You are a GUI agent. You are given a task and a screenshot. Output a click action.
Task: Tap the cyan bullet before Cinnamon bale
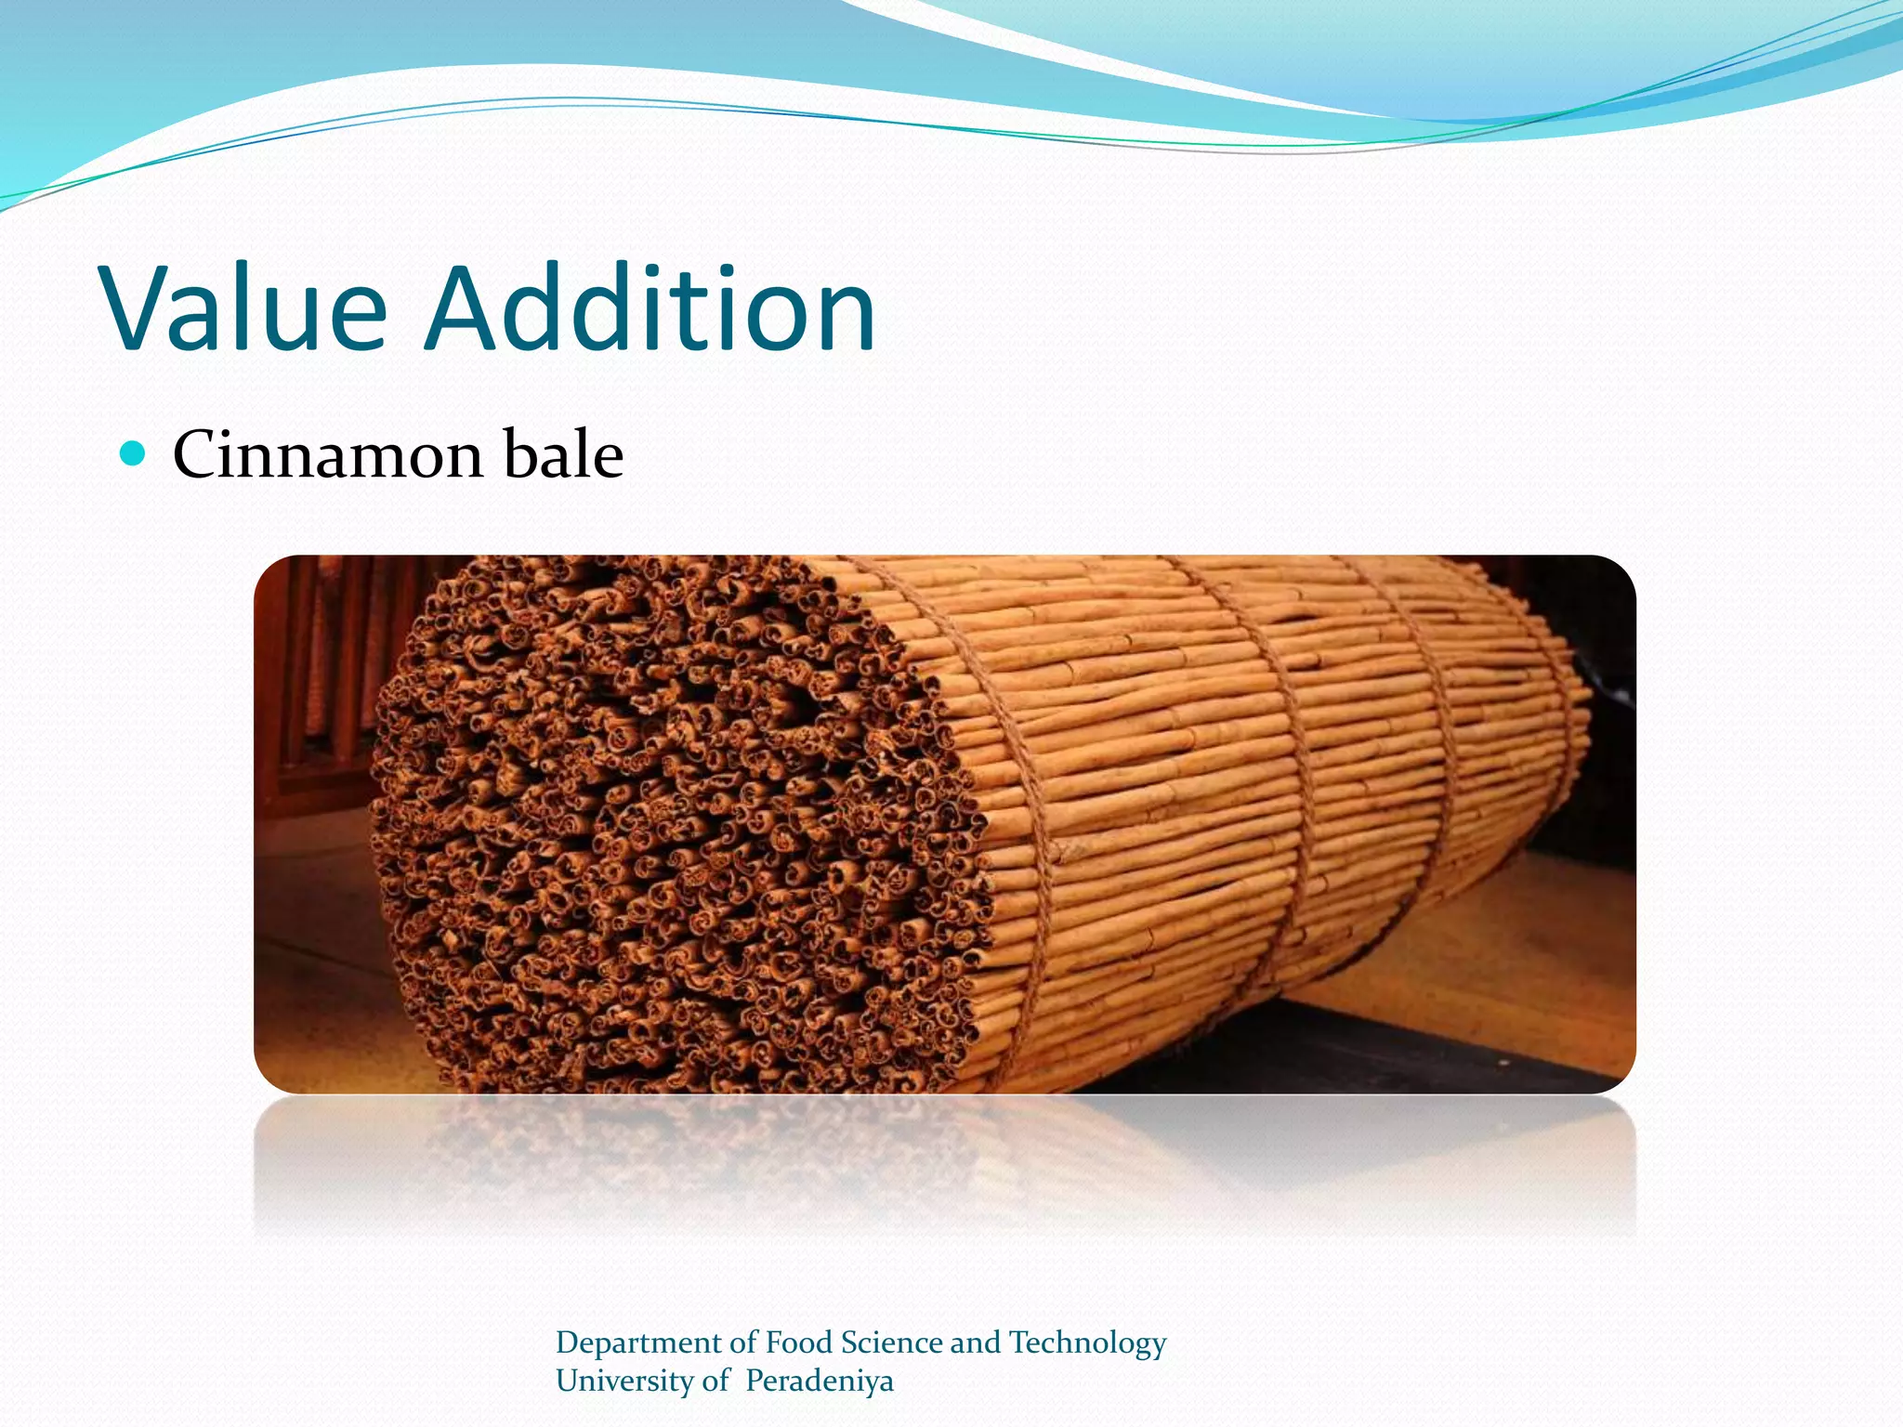click(134, 454)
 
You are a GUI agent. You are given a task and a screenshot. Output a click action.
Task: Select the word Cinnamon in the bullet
click(328, 455)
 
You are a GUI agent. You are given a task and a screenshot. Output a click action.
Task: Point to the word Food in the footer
click(798, 1343)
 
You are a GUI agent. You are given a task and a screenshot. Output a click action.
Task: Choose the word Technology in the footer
click(1087, 1343)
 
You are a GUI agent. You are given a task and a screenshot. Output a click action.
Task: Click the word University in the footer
click(623, 1381)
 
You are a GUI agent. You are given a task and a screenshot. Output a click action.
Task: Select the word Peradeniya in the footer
click(819, 1381)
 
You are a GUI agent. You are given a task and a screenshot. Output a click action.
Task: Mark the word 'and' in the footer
click(975, 1343)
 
